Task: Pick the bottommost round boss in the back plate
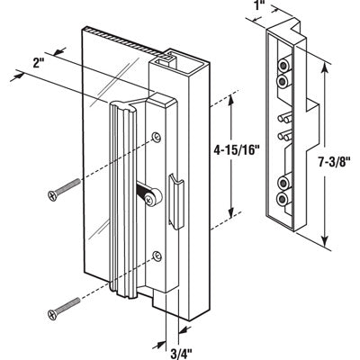click(284, 200)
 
